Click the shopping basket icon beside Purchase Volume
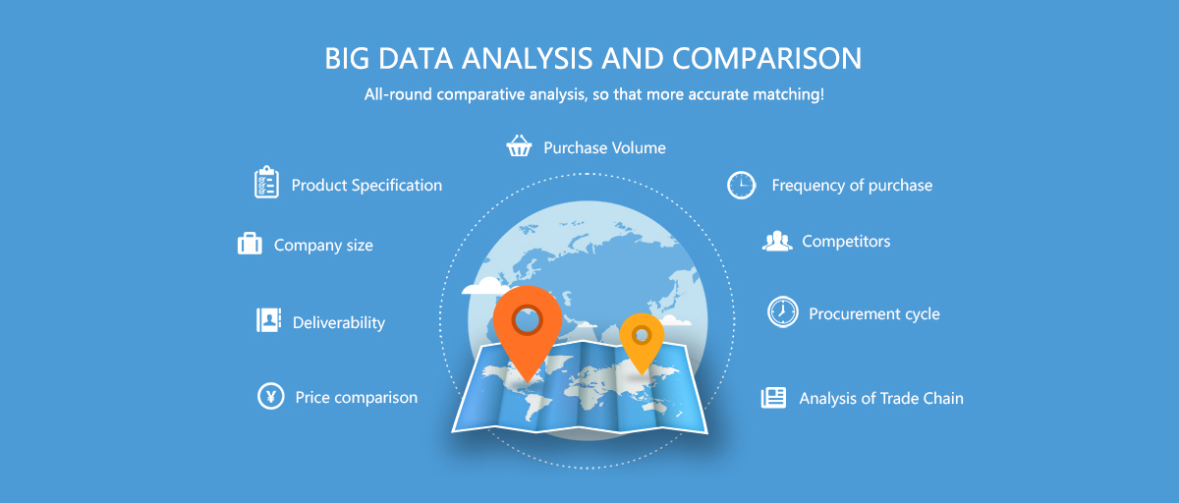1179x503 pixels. pos(519,145)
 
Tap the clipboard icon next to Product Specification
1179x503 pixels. pos(266,182)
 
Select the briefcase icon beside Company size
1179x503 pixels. pos(250,244)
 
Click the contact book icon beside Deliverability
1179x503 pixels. pos(268,320)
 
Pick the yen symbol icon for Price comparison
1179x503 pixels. pos(270,396)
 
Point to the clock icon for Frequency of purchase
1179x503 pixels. pos(741,186)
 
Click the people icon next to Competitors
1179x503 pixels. pos(777,241)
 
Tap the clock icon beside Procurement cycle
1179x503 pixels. pos(783,312)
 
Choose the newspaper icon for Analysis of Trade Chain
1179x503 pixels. pos(774,397)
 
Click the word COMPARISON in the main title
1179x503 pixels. pos(766,58)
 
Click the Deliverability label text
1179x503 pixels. pos(338,322)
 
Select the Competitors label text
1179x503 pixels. pos(846,241)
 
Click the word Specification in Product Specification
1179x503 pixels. pos(397,186)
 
